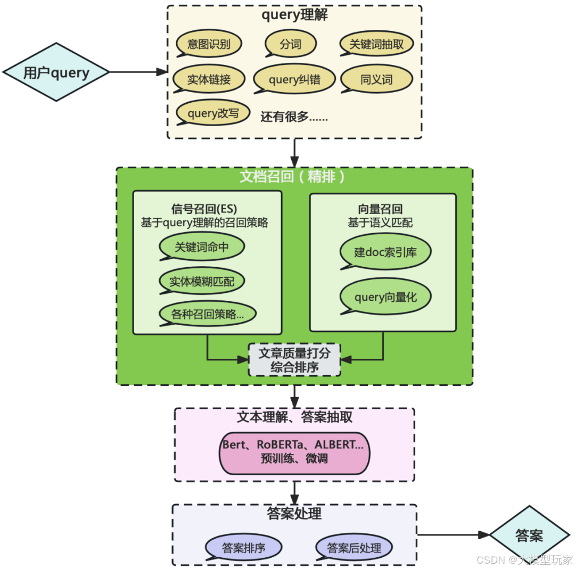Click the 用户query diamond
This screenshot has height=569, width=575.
56,72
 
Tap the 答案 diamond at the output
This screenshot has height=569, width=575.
529,535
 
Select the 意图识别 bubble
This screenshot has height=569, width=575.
209,44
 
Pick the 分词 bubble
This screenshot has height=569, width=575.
291,44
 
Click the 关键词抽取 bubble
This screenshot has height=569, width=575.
377,44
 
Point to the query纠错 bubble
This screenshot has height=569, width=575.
294,80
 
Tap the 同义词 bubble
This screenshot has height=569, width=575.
377,80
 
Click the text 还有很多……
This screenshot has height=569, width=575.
294,117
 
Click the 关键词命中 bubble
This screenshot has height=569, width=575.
202,248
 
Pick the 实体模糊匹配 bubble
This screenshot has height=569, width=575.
202,281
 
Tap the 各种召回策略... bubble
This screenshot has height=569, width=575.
207,314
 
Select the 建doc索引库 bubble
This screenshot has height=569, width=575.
385,252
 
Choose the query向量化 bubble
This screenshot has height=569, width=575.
385,297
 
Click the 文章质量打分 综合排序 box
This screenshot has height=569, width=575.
294,360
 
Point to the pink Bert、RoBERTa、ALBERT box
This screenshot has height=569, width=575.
294,451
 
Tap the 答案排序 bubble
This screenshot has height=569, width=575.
244,547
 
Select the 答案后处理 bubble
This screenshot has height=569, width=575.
354,547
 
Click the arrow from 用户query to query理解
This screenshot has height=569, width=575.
138,72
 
